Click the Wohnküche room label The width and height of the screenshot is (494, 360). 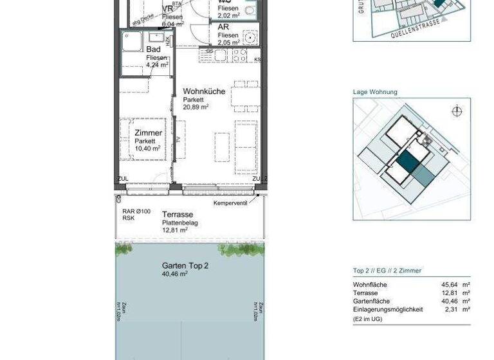(x=204, y=91)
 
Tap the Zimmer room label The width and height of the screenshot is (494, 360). (x=148, y=132)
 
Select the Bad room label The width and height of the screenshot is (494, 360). (x=153, y=50)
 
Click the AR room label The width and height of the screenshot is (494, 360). (x=223, y=27)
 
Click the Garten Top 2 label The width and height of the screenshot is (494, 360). (x=185, y=265)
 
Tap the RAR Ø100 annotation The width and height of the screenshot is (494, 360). (x=136, y=211)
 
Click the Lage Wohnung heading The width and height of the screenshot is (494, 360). (x=375, y=92)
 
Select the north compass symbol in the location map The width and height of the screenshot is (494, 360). (x=457, y=111)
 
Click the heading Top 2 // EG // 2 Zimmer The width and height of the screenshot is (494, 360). (x=387, y=271)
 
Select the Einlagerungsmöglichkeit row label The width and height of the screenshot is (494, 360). (x=388, y=309)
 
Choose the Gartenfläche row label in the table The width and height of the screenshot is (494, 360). (x=372, y=301)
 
